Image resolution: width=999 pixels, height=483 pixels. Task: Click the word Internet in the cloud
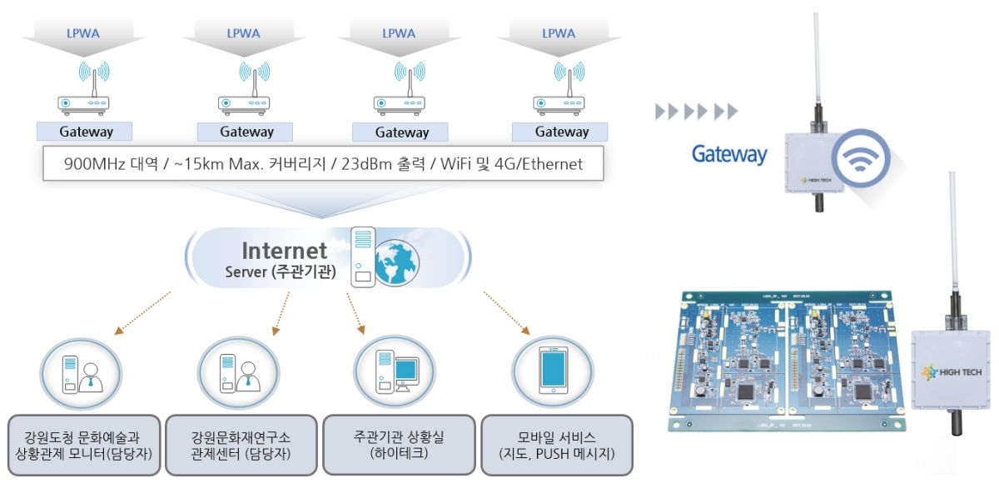click(x=284, y=251)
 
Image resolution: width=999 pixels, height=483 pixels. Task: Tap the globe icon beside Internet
click(x=396, y=260)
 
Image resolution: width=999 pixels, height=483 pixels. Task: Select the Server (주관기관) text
click(x=280, y=272)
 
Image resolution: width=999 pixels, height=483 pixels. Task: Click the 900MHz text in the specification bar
click(x=92, y=164)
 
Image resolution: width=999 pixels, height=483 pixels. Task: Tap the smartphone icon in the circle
click(x=552, y=370)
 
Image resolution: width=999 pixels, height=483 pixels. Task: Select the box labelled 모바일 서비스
click(x=556, y=446)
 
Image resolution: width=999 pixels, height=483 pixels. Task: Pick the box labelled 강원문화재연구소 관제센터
click(x=241, y=446)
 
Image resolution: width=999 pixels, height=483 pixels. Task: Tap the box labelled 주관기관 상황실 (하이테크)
click(x=398, y=446)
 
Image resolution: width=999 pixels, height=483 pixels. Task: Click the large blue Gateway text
click(x=728, y=155)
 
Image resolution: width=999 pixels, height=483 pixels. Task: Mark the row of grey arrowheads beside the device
click(x=696, y=112)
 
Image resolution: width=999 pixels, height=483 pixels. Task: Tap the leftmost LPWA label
click(x=83, y=34)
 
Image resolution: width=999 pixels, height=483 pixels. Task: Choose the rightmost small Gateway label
click(x=562, y=132)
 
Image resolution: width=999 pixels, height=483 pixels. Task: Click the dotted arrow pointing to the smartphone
click(x=509, y=311)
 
